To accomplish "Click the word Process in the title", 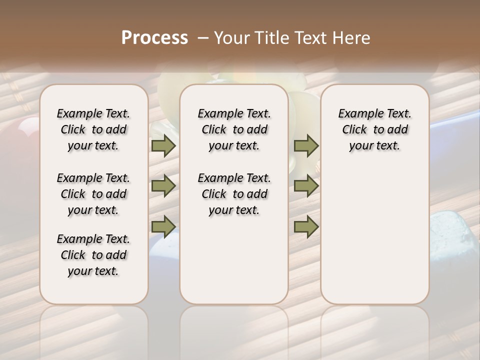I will (154, 38).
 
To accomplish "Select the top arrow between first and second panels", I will (163, 146).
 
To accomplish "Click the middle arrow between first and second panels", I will (163, 186).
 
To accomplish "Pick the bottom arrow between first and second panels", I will (163, 226).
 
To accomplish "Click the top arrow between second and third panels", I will (306, 146).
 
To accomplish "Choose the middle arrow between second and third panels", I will (306, 186).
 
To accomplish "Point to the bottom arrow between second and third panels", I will (306, 226).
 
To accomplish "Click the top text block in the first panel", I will (93, 129).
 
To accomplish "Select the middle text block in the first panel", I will (93, 194).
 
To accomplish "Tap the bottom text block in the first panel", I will (93, 255).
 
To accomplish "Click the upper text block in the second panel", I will (234, 129).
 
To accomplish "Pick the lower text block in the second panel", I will (234, 194).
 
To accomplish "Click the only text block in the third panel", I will (374, 129).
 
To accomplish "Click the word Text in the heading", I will (309, 38).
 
